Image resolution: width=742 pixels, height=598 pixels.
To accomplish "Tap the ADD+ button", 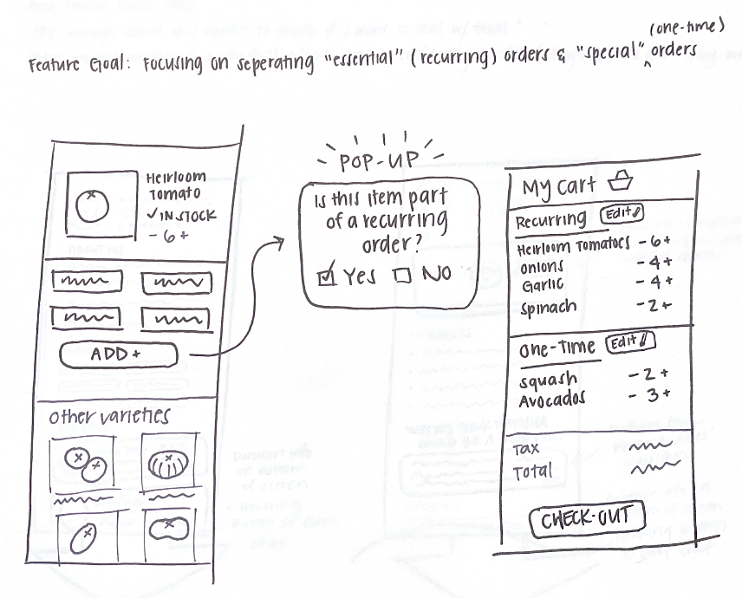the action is [x=118, y=354].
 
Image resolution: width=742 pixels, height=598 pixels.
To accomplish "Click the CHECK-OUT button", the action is [x=587, y=520].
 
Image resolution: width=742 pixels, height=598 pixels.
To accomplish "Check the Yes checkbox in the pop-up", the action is [x=326, y=276].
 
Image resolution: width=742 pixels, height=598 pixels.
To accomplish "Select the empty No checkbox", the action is [x=401, y=276].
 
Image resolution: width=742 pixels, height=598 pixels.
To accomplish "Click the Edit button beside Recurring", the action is [x=623, y=212].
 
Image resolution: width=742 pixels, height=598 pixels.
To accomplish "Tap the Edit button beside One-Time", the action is [x=630, y=342].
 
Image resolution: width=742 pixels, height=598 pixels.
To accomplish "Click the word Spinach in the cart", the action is [x=550, y=307].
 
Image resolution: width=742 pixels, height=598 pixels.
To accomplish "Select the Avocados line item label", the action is [x=552, y=400].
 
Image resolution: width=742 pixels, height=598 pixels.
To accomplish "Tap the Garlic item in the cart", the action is [x=543, y=285].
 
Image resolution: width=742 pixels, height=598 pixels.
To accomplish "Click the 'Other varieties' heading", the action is [x=109, y=417].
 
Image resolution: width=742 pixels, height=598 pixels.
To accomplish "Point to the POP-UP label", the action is [x=377, y=161].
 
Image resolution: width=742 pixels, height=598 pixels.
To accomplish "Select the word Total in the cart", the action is [x=534, y=472].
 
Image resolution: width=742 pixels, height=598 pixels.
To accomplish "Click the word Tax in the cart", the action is [x=526, y=450].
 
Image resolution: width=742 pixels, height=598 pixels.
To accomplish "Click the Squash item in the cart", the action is [x=548, y=380].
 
